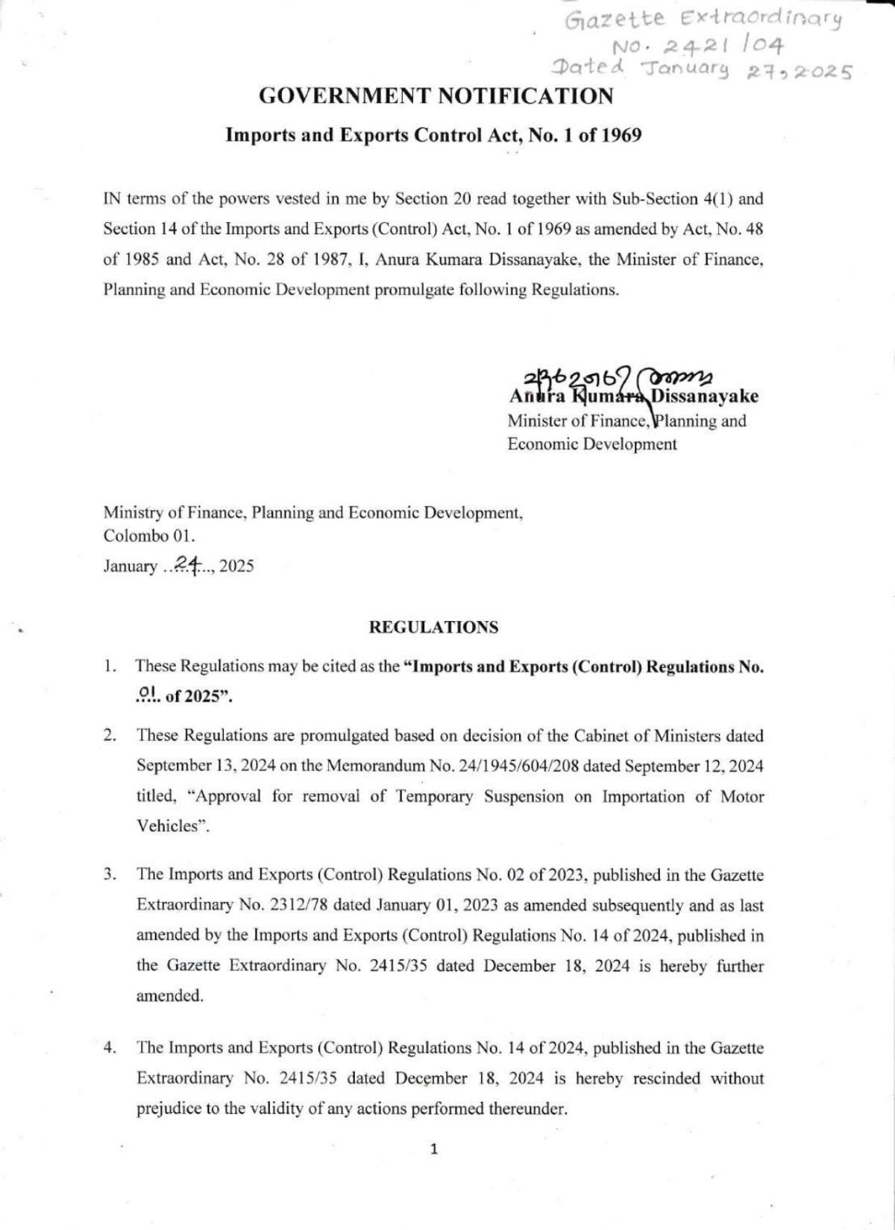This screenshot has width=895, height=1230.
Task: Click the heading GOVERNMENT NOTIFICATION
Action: (436, 96)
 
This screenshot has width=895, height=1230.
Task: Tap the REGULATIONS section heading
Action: (433, 627)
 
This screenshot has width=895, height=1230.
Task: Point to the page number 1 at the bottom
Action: (434, 1149)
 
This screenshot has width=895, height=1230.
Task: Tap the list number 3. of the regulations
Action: (110, 874)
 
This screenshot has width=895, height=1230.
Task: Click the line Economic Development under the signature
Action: (592, 444)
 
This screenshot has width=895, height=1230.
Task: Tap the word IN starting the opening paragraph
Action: (113, 199)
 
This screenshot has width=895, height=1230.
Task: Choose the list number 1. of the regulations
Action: (110, 666)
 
